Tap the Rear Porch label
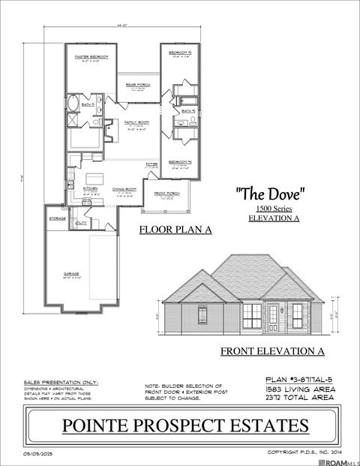pos(139,85)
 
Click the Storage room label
pos(57,218)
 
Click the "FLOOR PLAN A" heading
pos(175,230)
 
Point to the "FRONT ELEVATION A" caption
pos(271,350)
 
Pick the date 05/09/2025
pos(39,453)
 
